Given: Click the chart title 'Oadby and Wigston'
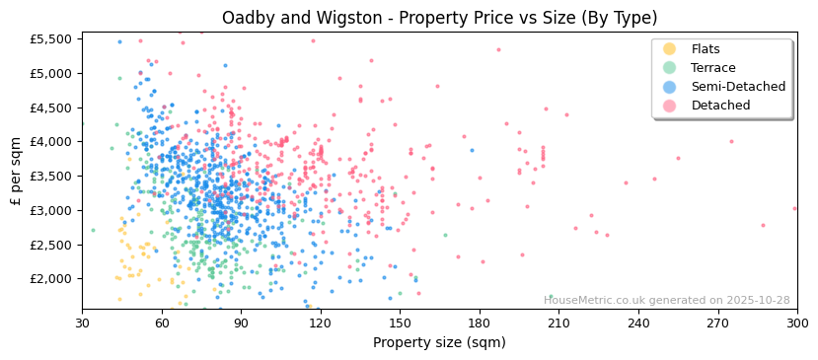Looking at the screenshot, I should point(439,18).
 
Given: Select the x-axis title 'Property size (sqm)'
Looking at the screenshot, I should point(439,342).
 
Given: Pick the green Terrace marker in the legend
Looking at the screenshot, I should point(670,68).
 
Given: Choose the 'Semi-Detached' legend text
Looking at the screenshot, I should point(738,87).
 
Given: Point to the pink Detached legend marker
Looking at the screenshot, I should point(670,106).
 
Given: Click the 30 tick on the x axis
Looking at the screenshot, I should point(82,322).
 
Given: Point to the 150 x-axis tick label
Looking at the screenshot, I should point(400,322).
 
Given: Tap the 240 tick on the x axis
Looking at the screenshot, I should point(638,322).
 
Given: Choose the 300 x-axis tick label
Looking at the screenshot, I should point(797,322).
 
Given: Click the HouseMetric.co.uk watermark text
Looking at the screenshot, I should point(666,300).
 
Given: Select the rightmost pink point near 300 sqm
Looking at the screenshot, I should point(794,208).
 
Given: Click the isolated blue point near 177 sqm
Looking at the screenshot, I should point(472,150).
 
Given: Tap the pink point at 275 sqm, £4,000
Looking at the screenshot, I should point(731,141).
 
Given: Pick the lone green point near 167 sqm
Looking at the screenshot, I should point(445,235).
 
